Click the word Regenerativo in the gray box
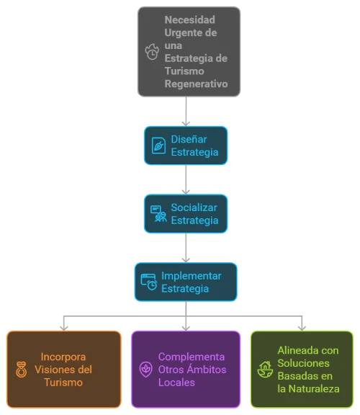196,84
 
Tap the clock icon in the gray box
152,52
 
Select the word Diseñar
189,139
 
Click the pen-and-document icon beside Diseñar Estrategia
158,146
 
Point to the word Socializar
194,207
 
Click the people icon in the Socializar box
158,213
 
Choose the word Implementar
192,276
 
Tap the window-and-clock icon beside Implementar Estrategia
149,282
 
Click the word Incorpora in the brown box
63,357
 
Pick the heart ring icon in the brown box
21,370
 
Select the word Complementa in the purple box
192,357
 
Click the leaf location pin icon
145,370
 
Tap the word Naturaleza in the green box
314,389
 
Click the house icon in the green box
265,370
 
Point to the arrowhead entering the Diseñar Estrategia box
186,124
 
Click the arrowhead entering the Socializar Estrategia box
186,192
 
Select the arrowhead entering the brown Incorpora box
64,329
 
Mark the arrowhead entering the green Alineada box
302,329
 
